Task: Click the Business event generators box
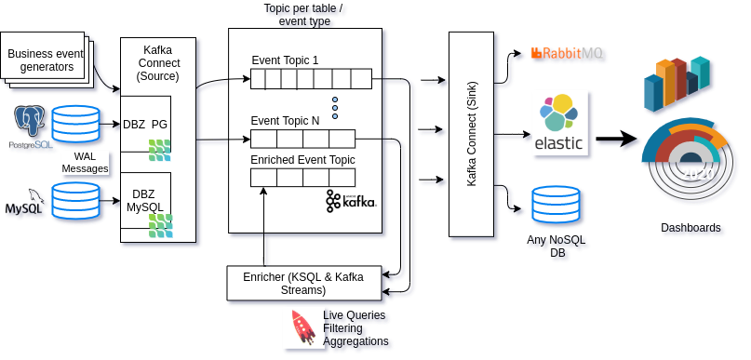45,60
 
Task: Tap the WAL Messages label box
85,163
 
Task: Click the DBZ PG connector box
146,125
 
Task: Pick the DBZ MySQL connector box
146,201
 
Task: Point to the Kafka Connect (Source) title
157,62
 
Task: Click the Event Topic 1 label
285,60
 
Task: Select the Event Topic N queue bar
302,140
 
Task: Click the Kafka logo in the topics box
351,200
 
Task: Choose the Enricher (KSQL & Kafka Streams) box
303,283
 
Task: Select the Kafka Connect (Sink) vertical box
471,134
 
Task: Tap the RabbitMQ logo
567,54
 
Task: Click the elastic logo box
558,125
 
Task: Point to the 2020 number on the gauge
697,174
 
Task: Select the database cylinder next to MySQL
75,203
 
